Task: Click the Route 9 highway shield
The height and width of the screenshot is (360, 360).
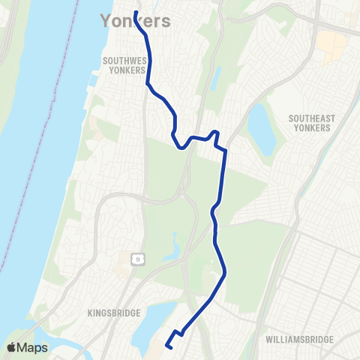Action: click(x=138, y=259)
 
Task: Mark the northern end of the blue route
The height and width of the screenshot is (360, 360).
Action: click(x=135, y=13)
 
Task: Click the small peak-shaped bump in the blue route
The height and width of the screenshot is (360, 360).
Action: click(x=216, y=133)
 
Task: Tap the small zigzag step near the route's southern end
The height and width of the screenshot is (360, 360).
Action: click(x=178, y=332)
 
